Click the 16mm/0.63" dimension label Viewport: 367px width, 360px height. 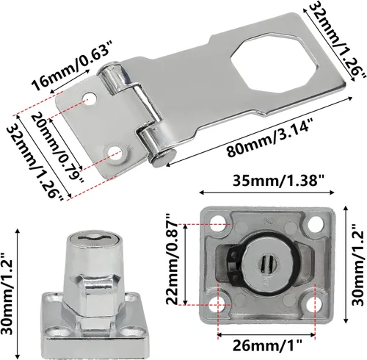coord(69,65)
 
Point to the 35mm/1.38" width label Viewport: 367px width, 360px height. coord(278,181)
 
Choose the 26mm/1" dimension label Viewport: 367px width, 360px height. coord(267,346)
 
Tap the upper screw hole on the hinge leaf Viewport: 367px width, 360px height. coord(90,98)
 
